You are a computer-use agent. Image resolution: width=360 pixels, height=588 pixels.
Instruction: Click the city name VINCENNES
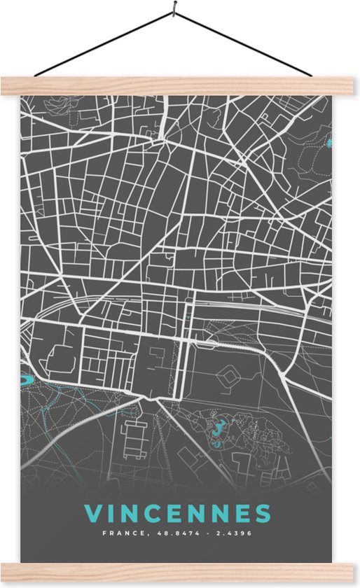pos(177,513)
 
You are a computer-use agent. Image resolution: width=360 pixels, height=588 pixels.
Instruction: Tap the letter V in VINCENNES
pos(92,513)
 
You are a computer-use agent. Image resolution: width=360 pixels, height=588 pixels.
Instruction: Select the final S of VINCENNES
pos(263,513)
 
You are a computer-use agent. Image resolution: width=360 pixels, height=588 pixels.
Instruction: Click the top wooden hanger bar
pos(180,85)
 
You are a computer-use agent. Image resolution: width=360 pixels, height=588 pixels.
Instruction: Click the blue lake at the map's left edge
pos(24,380)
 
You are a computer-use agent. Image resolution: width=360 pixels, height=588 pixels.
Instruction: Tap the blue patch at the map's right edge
pos(329,143)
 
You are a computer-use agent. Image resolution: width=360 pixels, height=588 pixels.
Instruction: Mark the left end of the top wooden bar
pos(4,85)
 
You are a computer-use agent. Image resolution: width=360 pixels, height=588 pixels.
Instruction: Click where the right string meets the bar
pos(312,76)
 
